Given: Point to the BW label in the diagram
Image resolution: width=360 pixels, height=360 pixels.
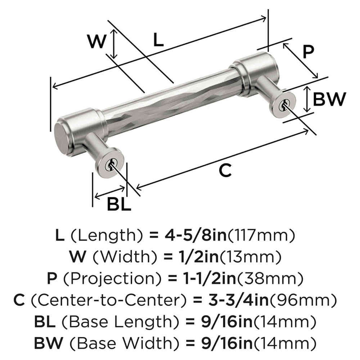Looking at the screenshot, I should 329,99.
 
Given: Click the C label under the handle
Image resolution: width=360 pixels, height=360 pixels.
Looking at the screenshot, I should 225,170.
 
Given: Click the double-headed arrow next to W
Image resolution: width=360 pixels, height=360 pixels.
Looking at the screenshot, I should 114,44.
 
